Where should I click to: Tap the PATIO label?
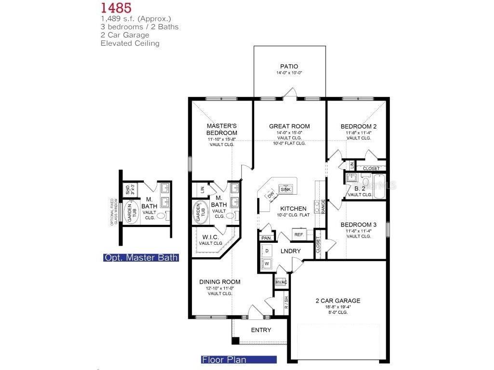coord(289,66)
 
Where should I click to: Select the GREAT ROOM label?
coord(289,126)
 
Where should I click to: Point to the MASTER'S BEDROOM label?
coord(221,130)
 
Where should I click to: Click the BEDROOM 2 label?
coord(358,126)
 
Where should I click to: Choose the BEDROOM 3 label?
coord(358,225)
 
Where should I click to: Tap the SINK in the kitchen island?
coord(286,189)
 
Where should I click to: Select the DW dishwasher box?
coord(271,194)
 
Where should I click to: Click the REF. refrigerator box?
coord(298,235)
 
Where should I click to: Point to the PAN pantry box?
coord(266,238)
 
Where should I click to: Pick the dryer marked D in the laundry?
coord(266,251)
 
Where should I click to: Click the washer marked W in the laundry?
coord(266,263)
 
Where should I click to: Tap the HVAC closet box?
coord(281,282)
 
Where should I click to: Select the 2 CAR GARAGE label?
coord(338,301)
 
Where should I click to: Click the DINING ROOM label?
coord(220,282)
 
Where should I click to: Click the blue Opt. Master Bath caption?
coord(141,258)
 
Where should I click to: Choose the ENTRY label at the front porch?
coord(261,330)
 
